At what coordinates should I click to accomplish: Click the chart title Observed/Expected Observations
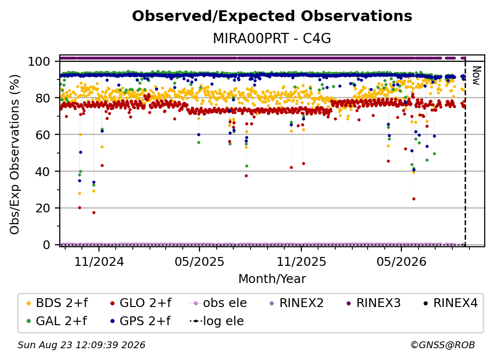[272, 16]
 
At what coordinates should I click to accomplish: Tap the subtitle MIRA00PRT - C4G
[272, 39]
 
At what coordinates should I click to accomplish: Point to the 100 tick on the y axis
[39, 61]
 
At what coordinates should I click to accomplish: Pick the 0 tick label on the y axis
[47, 245]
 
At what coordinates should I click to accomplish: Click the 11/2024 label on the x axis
[99, 261]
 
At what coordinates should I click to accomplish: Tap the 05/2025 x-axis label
[199, 261]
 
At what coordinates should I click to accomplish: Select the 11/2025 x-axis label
[301, 261]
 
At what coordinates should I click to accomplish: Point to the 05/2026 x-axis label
[401, 261]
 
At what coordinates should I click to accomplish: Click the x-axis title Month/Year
[272, 279]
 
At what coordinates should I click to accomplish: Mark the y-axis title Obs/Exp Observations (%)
[15, 154]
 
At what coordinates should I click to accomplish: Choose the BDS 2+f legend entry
[57, 303]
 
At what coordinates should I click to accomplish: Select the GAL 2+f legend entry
[57, 321]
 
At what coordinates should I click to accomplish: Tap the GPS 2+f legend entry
[140, 321]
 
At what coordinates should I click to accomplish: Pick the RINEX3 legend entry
[373, 303]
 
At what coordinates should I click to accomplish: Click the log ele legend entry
[217, 321]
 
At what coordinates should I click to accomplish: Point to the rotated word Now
[476, 76]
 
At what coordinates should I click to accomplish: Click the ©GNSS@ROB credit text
[443, 345]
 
